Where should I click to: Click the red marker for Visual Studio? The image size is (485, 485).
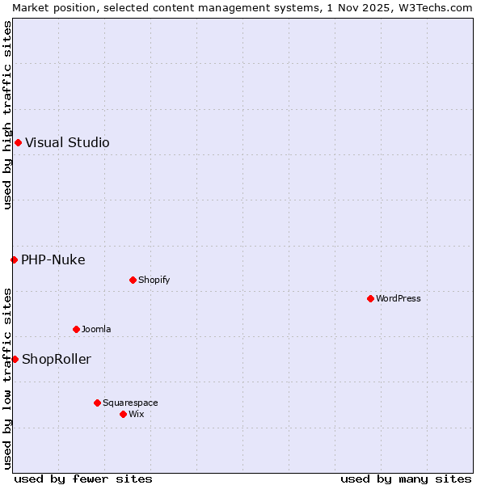[x=18, y=143]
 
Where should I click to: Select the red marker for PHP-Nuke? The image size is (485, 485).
[x=14, y=259]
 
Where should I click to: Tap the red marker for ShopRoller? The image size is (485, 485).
[x=15, y=359]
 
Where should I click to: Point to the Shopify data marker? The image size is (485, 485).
[x=133, y=280]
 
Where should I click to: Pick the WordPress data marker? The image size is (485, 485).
[x=370, y=298]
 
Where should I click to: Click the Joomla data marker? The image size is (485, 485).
[x=76, y=329]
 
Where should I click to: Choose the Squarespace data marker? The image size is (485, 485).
[x=97, y=403]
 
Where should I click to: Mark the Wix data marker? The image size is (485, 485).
[x=123, y=414]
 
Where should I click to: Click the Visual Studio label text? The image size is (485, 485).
[x=67, y=143]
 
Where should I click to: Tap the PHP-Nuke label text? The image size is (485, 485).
[x=53, y=259]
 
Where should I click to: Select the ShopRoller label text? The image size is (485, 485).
[x=57, y=359]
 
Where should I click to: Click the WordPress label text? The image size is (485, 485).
[x=399, y=298]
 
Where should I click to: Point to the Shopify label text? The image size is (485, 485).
[x=154, y=280]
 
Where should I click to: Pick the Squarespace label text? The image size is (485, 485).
[x=130, y=403]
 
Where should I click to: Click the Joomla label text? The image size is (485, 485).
[x=96, y=329]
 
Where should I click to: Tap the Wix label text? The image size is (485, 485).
[x=136, y=414]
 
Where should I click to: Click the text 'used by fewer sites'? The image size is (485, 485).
[x=83, y=479]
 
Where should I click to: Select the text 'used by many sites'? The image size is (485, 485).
[x=406, y=479]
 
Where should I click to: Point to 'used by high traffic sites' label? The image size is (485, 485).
[x=7, y=115]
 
